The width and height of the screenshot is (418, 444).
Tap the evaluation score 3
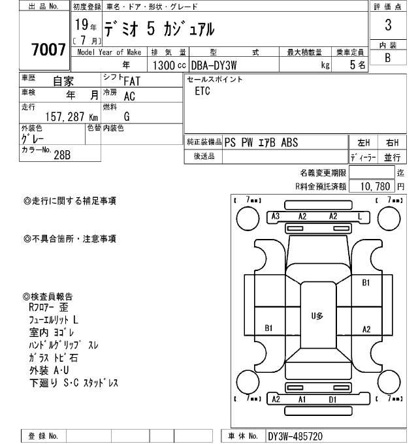click(387, 27)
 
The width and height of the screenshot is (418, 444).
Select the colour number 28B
click(61, 155)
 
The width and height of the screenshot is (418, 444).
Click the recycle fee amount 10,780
click(374, 186)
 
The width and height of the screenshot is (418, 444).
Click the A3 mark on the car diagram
click(275, 217)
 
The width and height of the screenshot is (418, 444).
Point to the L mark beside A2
click(359, 217)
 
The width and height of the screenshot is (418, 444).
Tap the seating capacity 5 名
click(357, 65)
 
